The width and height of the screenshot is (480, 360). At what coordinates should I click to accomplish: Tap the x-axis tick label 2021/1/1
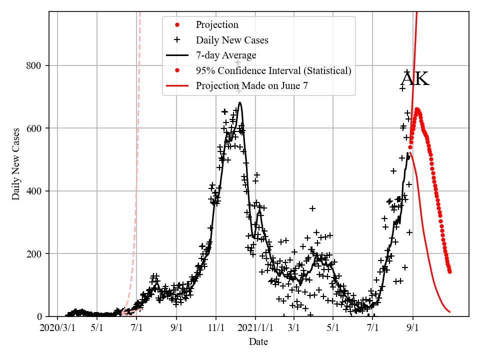pyautogui.click(x=255, y=329)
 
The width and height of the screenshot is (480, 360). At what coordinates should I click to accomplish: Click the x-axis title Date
pyautogui.click(x=258, y=342)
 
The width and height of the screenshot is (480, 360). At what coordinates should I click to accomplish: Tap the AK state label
pyautogui.click(x=415, y=79)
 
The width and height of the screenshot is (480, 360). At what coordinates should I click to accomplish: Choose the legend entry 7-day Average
pyautogui.click(x=226, y=55)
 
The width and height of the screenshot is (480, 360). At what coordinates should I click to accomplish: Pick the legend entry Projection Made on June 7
pyautogui.click(x=251, y=86)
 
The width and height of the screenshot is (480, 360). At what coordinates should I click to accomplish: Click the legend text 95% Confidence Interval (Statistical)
pyautogui.click(x=273, y=70)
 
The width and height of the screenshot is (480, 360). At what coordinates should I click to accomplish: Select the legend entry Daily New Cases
pyautogui.click(x=232, y=40)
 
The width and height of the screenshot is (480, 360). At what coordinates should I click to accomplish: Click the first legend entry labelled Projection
pyautogui.click(x=217, y=25)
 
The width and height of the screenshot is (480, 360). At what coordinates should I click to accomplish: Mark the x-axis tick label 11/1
pyautogui.click(x=216, y=329)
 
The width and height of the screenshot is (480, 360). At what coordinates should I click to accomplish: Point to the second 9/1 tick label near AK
pyautogui.click(x=413, y=329)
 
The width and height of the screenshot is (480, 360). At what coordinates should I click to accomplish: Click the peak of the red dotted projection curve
pyautogui.click(x=417, y=109)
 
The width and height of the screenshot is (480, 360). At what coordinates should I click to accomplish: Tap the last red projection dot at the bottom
pyautogui.click(x=449, y=271)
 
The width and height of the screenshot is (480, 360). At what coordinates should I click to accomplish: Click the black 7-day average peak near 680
pyautogui.click(x=240, y=103)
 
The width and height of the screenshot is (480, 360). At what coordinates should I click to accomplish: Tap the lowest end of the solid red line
pyautogui.click(x=450, y=312)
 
